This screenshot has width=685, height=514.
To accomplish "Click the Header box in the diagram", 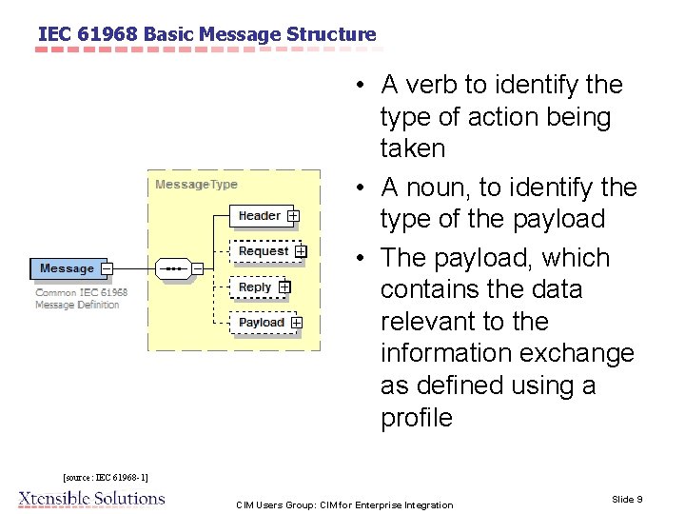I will (x=260, y=216).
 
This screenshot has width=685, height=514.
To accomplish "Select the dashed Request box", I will (x=264, y=251).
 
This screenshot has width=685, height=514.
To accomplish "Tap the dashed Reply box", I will (x=255, y=287).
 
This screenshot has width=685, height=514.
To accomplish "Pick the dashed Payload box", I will (x=262, y=323).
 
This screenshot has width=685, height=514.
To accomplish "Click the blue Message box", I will (x=67, y=268).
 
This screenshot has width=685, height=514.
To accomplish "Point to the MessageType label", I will (x=196, y=185).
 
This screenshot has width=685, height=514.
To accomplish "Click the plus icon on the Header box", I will (x=293, y=216).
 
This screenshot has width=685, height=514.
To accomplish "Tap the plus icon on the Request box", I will (x=301, y=251).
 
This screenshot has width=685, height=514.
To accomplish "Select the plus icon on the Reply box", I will (x=284, y=287).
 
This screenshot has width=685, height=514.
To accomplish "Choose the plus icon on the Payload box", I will (x=297, y=323).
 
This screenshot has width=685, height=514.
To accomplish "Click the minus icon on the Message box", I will (x=107, y=268).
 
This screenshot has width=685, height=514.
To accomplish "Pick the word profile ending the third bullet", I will (x=416, y=417).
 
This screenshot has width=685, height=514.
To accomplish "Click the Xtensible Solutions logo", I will (x=92, y=498).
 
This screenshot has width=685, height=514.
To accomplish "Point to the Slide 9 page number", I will (x=627, y=499).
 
